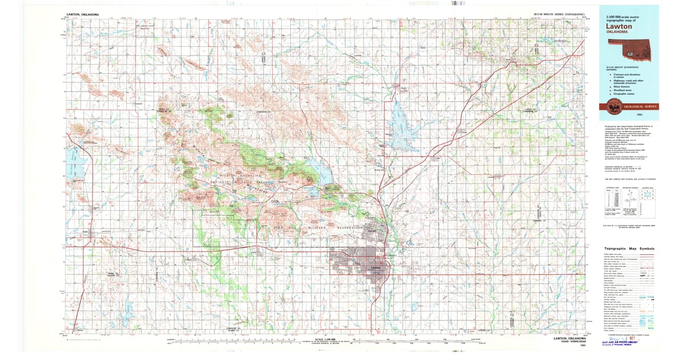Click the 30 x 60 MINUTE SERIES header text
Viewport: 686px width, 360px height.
[559, 13]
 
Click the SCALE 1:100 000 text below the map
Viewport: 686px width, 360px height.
[324, 337]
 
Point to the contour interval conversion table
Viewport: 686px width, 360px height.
[611, 200]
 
